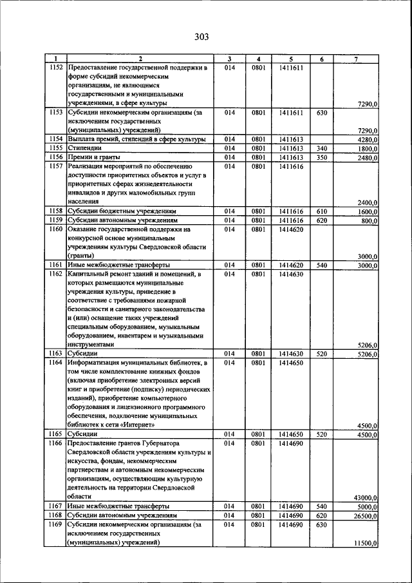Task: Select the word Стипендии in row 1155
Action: tap(84, 148)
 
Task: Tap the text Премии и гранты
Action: tap(94, 157)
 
